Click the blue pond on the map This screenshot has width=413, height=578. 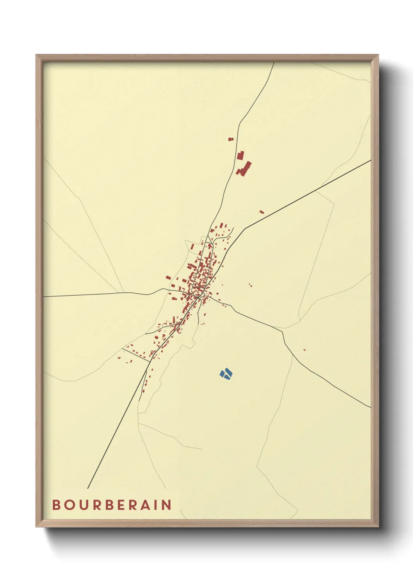tap(226, 374)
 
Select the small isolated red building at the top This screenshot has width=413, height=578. tap(231, 139)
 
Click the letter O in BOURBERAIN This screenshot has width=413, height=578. tap(69, 505)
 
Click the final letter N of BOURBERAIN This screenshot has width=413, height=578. tap(167, 505)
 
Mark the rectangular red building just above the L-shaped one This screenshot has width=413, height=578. tap(240, 155)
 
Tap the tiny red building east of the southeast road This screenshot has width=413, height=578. tap(304, 350)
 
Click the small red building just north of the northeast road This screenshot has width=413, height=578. tap(262, 212)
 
